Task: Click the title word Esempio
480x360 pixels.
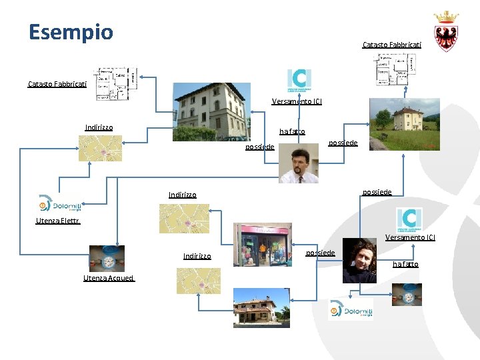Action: click(x=71, y=32)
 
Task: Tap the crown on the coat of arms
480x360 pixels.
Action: click(x=446, y=17)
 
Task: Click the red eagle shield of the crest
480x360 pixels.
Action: click(x=446, y=36)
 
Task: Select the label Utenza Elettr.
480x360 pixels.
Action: click(x=58, y=221)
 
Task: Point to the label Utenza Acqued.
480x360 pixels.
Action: click(x=108, y=278)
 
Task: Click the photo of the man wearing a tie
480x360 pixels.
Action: click(x=298, y=163)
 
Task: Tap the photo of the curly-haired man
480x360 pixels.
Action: click(x=360, y=261)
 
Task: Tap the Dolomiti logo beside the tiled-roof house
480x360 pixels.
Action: click(x=351, y=310)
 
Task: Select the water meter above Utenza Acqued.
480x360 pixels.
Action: click(x=107, y=258)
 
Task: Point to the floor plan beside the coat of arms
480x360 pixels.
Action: click(x=394, y=69)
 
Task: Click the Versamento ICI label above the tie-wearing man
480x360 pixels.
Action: click(x=297, y=102)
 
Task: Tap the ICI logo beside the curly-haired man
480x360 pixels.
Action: click(x=409, y=219)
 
